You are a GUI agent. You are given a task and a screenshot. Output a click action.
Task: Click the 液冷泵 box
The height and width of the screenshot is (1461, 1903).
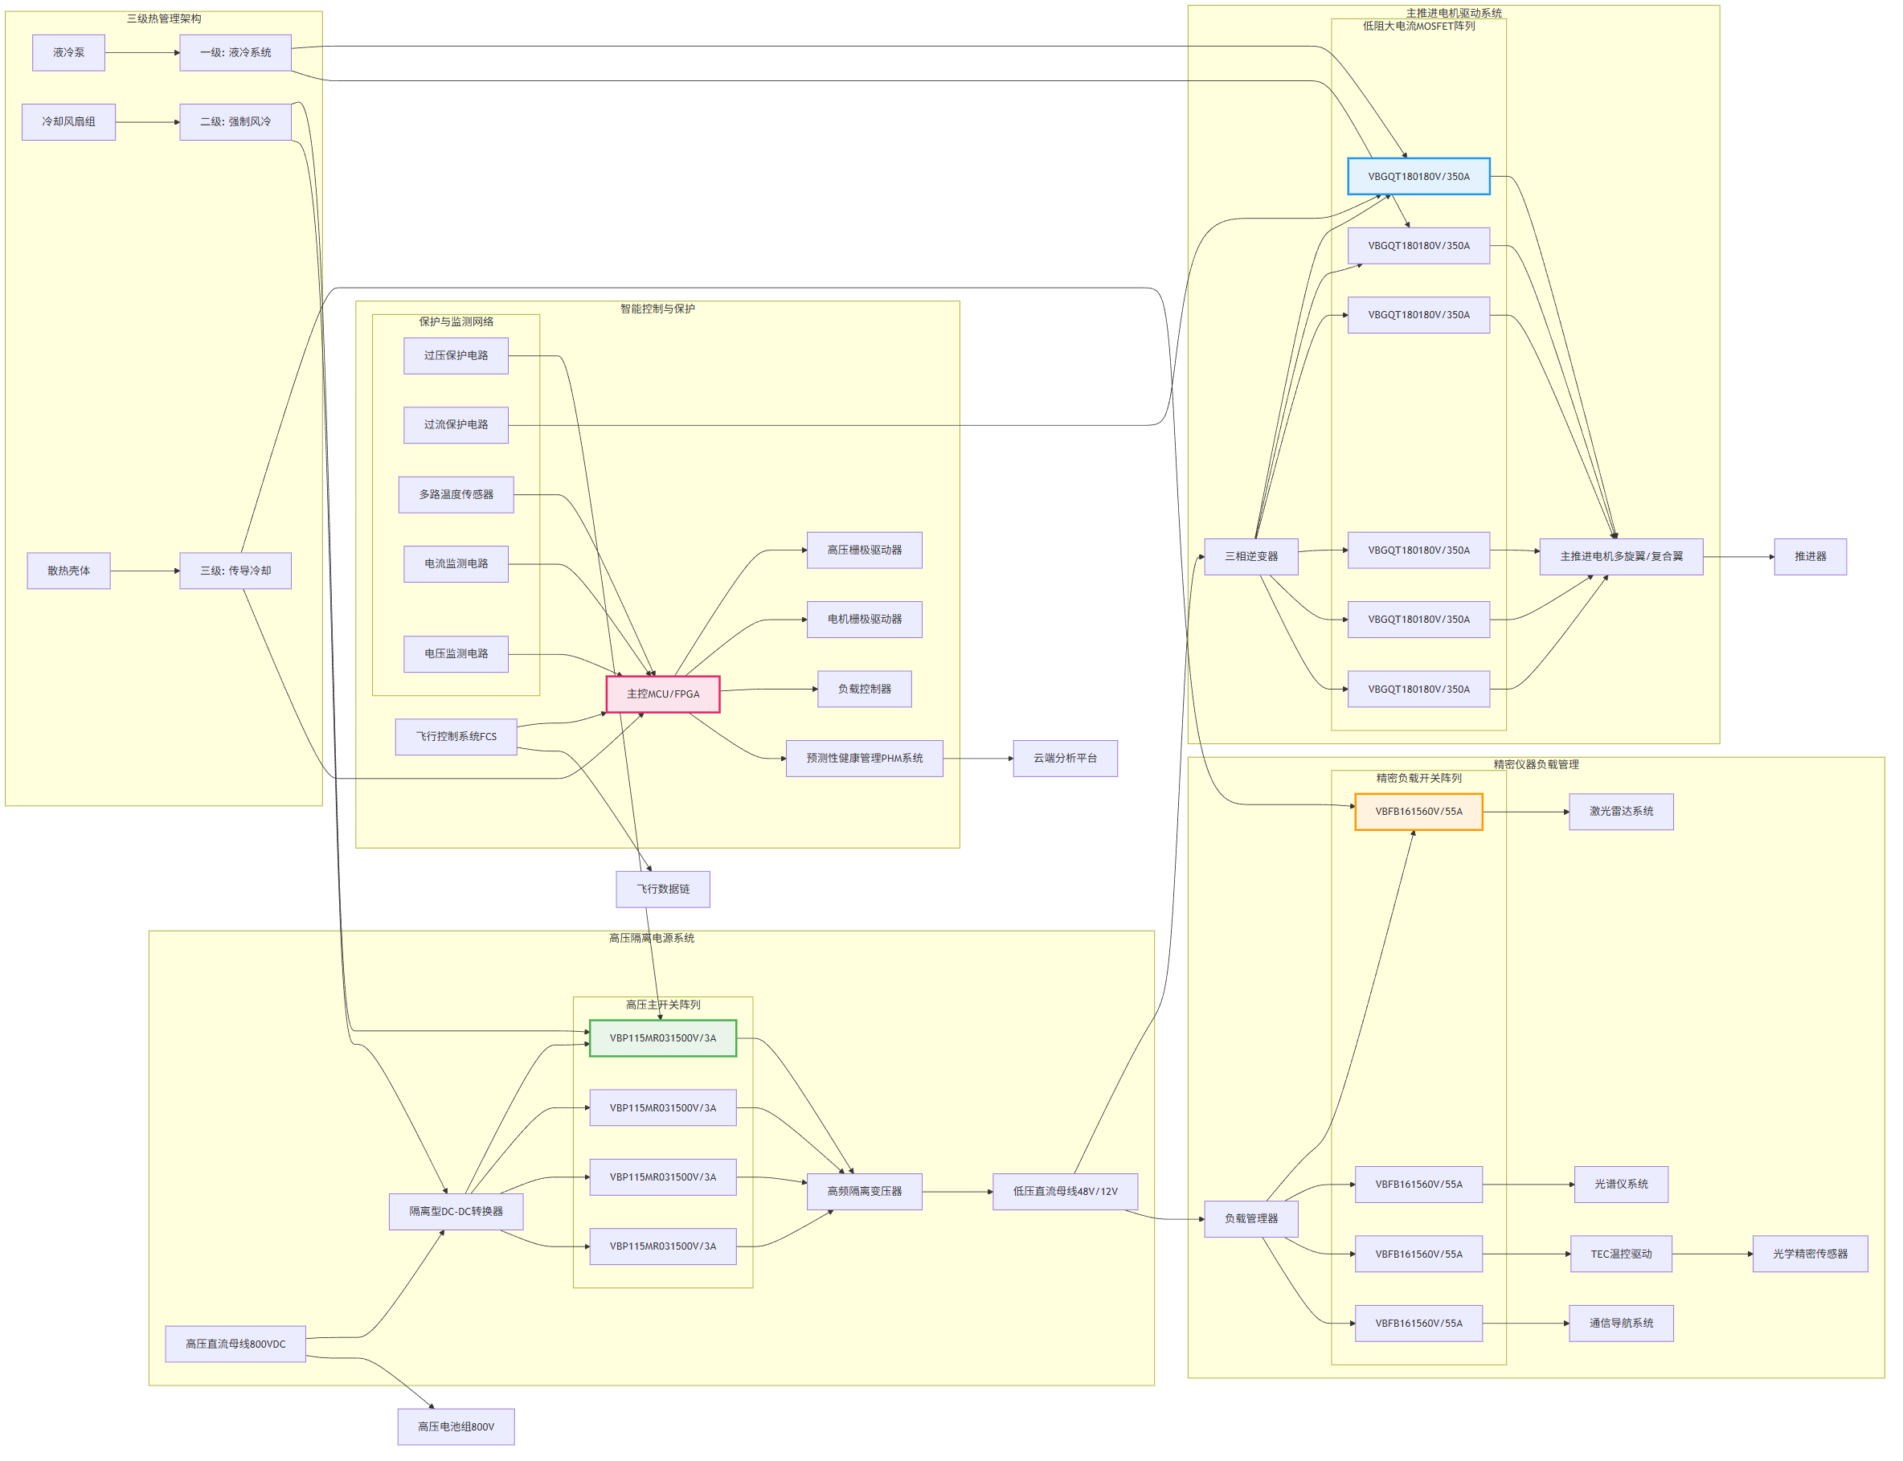click(x=68, y=52)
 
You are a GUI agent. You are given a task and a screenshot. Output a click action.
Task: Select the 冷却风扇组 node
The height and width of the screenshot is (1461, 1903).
click(x=68, y=122)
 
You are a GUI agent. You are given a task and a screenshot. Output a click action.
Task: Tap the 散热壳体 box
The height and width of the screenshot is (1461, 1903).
click(x=68, y=571)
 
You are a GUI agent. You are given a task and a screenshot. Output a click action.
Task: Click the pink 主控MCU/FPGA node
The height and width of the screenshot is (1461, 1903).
click(x=663, y=694)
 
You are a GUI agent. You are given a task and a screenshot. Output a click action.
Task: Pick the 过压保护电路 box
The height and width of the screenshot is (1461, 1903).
click(x=456, y=356)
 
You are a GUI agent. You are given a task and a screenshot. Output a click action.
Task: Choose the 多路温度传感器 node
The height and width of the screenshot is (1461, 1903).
click(x=456, y=495)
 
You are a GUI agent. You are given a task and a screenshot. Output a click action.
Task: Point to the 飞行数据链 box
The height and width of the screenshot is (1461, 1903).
click(x=663, y=889)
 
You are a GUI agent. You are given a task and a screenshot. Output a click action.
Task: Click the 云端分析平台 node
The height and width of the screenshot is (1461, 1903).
click(x=1065, y=759)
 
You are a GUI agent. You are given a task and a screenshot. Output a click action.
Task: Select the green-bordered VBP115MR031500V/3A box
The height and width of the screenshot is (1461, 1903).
click(x=663, y=1038)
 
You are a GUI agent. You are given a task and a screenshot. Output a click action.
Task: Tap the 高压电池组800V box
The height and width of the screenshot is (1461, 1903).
click(x=456, y=1427)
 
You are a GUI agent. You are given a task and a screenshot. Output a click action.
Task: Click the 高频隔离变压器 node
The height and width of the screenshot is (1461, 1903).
click(x=865, y=1192)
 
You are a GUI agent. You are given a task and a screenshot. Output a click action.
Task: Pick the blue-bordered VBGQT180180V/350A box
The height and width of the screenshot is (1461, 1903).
click(x=1418, y=177)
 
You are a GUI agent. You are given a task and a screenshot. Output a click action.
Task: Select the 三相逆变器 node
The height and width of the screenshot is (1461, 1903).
click(x=1250, y=557)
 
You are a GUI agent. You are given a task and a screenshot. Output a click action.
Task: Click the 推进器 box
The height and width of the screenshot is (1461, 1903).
click(x=1810, y=557)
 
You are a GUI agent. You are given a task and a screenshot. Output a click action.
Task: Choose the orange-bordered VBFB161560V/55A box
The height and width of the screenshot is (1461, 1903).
click(x=1418, y=812)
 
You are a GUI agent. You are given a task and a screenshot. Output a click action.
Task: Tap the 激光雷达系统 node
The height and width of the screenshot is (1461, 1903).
click(x=1621, y=812)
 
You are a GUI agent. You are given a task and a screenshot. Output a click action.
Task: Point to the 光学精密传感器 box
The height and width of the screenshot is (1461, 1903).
click(x=1810, y=1254)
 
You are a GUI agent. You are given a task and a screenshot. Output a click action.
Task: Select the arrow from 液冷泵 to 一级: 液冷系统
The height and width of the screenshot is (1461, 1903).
click(x=142, y=53)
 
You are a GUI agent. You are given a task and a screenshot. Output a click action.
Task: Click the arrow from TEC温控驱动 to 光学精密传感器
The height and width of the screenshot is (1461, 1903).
click(x=1713, y=1254)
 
